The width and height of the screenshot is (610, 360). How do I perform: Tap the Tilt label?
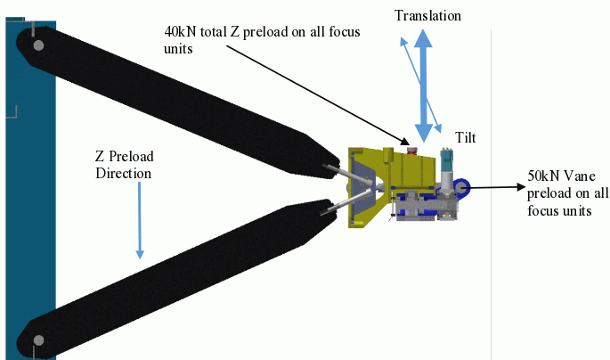(x=467, y=135)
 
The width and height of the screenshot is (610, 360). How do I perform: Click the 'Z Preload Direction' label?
(x=123, y=163)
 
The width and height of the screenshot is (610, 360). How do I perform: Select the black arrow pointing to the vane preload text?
(x=495, y=187)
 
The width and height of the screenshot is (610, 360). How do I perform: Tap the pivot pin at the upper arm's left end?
(x=37, y=44)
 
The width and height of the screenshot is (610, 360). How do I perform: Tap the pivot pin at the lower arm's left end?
(x=37, y=340)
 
